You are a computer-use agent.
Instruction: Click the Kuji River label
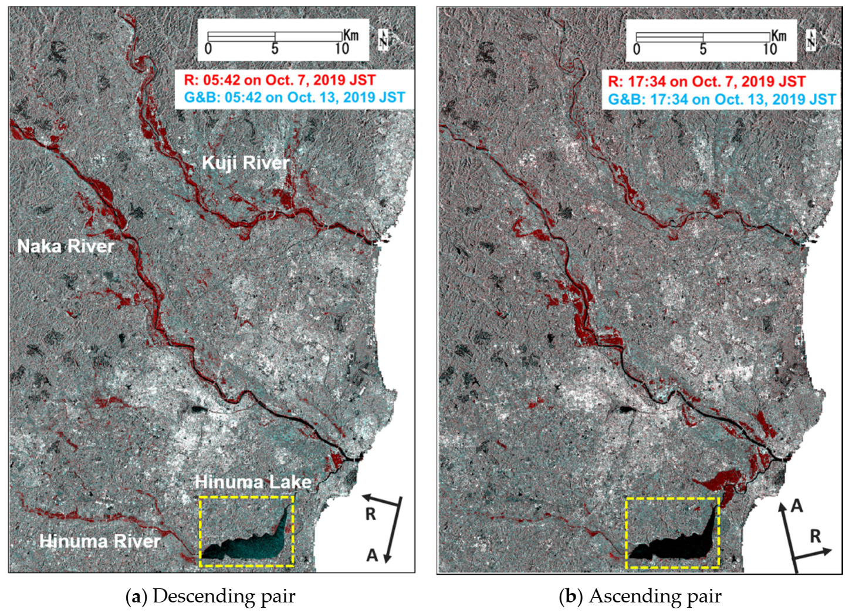(246, 163)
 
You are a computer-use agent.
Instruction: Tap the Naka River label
(66, 246)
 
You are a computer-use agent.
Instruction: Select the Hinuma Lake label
(253, 482)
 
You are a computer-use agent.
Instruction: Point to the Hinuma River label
(100, 541)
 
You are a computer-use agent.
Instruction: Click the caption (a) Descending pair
(211, 596)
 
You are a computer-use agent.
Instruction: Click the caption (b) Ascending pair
(640, 596)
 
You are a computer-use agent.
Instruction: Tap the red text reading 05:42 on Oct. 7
(279, 80)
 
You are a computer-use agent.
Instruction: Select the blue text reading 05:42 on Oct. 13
(295, 97)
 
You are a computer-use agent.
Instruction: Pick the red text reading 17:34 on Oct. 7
(706, 82)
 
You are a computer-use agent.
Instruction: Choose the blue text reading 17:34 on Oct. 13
(722, 99)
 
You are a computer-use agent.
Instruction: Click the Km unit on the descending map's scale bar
(351, 35)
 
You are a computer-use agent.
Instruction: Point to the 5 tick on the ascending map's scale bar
(703, 49)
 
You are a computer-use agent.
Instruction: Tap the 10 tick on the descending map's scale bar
(342, 49)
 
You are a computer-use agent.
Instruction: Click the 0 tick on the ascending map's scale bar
(637, 49)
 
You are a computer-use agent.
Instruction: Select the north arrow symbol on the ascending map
(811, 40)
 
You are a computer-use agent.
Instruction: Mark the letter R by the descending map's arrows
(370, 514)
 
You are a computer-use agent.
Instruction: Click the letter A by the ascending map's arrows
(796, 506)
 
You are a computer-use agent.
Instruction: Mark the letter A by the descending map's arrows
(372, 555)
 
